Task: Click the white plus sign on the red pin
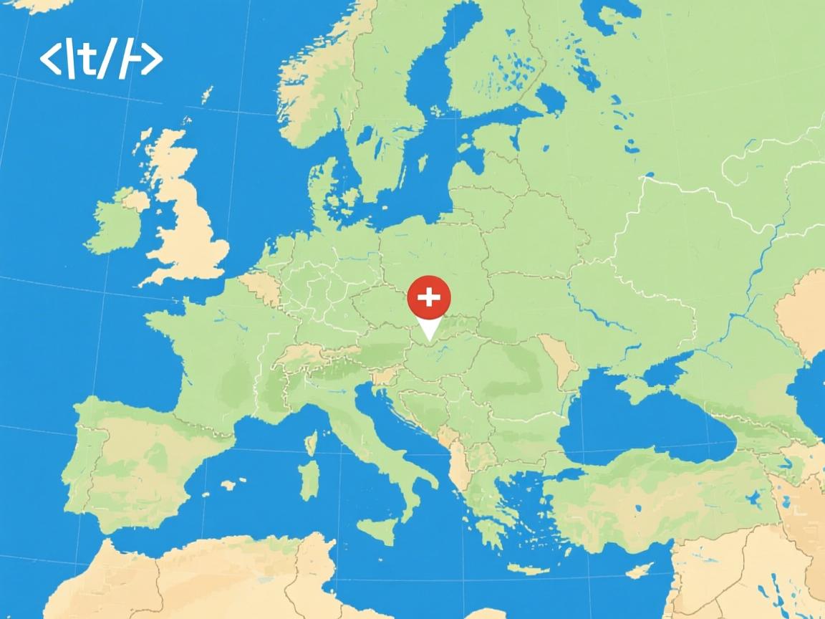point(428,297)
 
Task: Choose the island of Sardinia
point(309,479)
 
